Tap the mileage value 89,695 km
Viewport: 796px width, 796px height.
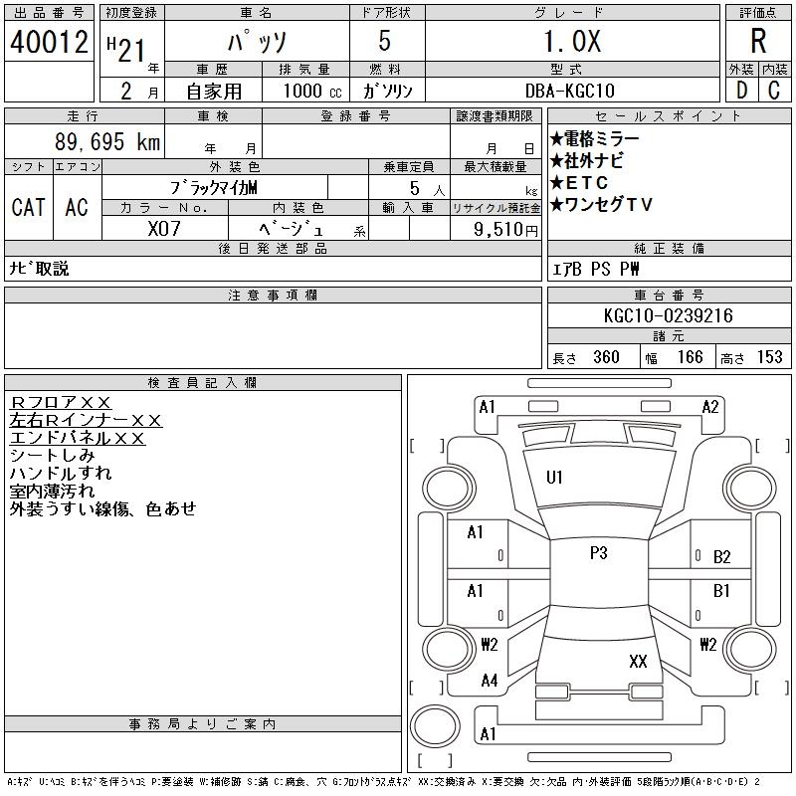(107, 142)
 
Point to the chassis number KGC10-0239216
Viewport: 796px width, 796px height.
(669, 315)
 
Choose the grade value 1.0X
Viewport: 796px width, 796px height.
(571, 41)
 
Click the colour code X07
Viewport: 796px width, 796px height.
(164, 228)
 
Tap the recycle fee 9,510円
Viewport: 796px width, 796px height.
(508, 229)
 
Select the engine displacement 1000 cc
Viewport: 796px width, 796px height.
(307, 90)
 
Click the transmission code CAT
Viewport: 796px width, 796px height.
(28, 207)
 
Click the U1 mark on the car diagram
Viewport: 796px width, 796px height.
(554, 478)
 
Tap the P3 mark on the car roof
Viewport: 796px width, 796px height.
(598, 553)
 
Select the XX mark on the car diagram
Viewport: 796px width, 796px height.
(638, 661)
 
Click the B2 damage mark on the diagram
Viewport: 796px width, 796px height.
(722, 557)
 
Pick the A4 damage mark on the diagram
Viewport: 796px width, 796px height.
(489, 681)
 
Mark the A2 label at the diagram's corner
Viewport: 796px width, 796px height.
(710, 406)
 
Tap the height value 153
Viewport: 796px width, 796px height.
(769, 357)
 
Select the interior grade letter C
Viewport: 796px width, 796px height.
(773, 90)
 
